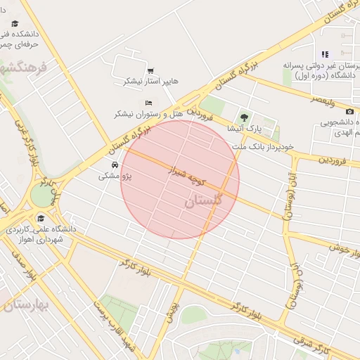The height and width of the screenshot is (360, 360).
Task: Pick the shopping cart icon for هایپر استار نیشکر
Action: pyautogui.click(x=150, y=71)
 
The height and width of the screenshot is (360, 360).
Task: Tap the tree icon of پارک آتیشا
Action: pyautogui.click(x=244, y=118)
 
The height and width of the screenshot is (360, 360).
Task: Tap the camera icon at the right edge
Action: pyautogui.click(x=349, y=111)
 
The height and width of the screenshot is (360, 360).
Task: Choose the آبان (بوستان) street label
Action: pyautogui.click(x=289, y=196)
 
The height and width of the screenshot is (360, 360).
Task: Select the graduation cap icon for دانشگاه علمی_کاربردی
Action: pyautogui.click(x=40, y=217)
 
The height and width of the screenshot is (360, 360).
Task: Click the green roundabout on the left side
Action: pyautogui.click(x=42, y=195)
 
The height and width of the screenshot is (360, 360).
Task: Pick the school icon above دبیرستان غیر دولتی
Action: pyautogui.click(x=325, y=54)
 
